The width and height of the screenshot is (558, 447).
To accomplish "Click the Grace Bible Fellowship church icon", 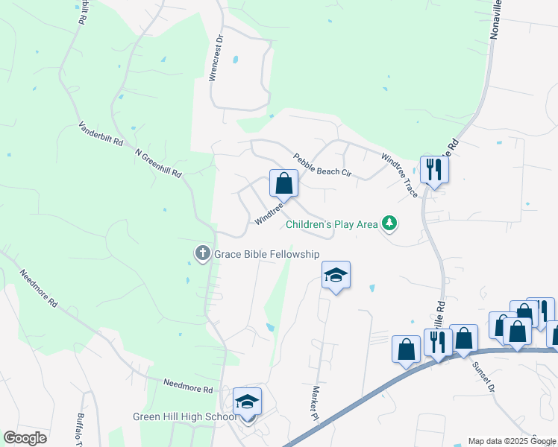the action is pos(201,254).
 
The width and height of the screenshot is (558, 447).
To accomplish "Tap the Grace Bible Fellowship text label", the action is pos(267,255).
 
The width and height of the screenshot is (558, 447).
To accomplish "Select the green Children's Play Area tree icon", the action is pos(389,223).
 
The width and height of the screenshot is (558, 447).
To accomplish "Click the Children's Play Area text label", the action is pos(332,223).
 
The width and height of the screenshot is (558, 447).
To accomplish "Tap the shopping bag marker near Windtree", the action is pos(283,183).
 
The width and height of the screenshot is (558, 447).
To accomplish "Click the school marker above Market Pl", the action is pos(336,276).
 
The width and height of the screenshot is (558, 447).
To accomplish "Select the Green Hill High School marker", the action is pos(247,402).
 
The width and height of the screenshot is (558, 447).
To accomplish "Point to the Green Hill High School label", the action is pos(184,416).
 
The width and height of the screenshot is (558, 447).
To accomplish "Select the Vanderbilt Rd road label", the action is pos(101,138).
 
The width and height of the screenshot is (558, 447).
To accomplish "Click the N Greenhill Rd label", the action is pos(158,162).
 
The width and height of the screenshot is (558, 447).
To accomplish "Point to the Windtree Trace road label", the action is pos(399,175).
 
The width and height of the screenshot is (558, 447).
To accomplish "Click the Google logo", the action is pos(25,437).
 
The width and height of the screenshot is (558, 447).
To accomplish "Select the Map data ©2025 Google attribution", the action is pos(512,441).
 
